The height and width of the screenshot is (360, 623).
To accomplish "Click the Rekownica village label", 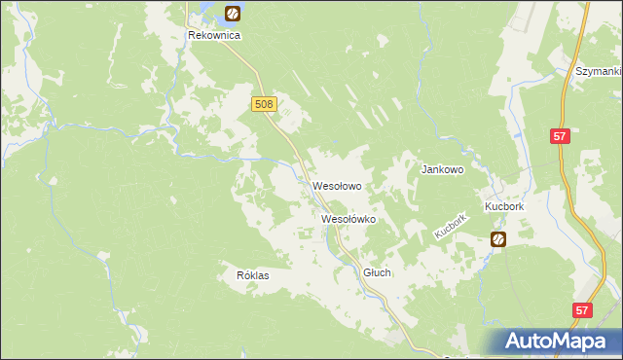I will pos(214,34).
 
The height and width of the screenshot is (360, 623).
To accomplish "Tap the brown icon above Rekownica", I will pos(233,13).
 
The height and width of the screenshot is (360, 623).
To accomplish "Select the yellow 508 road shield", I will pos(264,104).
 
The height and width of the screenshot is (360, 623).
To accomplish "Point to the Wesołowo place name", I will pos(338,185).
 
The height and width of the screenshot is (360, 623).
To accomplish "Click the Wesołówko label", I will pos(348,220).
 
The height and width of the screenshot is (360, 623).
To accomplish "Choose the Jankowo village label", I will pos(442,168).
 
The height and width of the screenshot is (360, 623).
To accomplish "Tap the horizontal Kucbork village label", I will pos(504,207).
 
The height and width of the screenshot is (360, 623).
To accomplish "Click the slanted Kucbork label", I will pos(452,228).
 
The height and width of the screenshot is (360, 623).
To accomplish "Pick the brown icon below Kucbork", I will pos(498,238).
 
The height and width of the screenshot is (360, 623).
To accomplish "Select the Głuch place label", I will pos(377,273).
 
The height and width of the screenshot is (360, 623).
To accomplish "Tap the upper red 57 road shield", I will pos(560,137).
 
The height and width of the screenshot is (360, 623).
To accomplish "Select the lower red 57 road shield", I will pos(581,310).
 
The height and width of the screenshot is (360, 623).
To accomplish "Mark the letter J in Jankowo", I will pos(422,168).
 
